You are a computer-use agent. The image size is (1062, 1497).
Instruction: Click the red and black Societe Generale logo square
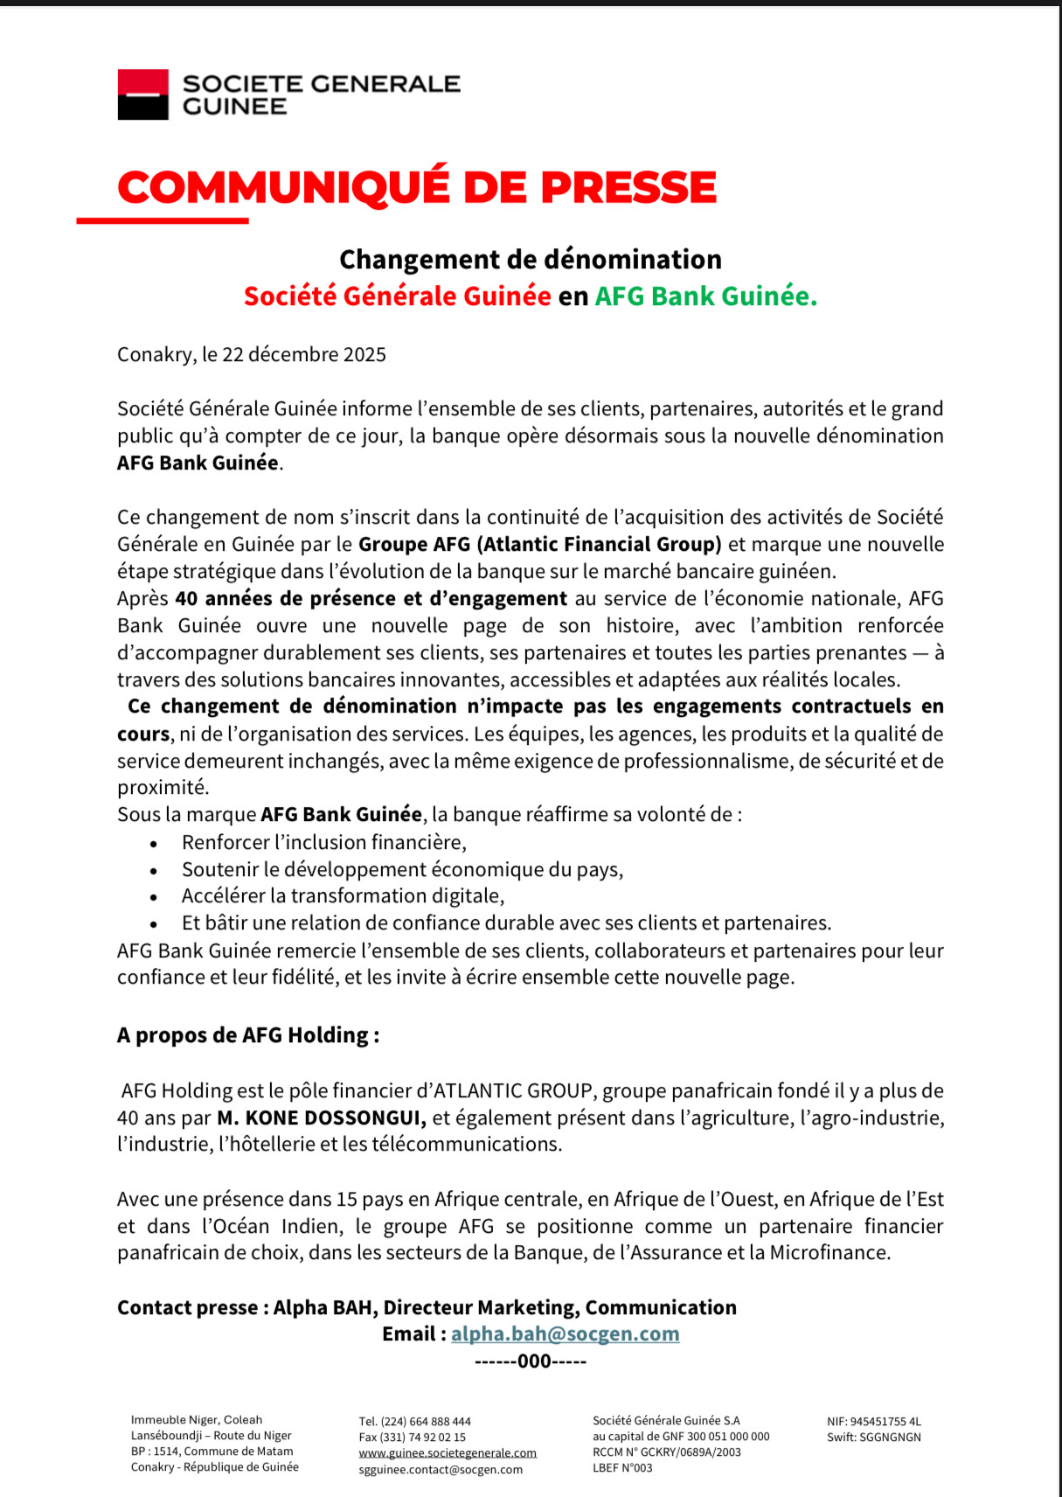click(142, 94)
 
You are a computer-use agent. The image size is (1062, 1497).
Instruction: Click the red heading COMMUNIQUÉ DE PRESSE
click(417, 187)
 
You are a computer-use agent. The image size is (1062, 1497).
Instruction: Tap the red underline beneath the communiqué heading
click(163, 220)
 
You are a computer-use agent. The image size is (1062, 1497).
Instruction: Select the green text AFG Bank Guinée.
click(705, 296)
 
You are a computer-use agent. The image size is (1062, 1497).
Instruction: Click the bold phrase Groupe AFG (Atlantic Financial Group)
click(539, 544)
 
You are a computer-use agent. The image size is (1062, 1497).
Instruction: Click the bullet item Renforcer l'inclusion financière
click(323, 842)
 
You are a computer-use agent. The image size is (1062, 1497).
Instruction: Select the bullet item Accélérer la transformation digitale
click(343, 895)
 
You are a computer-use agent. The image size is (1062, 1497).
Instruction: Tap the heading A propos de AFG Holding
click(248, 1035)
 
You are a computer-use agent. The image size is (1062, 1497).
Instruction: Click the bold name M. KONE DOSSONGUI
click(322, 1118)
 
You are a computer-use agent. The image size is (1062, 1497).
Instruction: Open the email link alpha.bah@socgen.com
click(565, 1333)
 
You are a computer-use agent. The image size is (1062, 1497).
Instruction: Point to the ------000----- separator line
click(530, 1361)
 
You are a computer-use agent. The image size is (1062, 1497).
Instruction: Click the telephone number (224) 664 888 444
click(426, 1422)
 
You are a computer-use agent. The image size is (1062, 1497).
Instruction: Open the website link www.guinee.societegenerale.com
click(448, 1452)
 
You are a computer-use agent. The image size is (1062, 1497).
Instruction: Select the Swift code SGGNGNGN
click(890, 1437)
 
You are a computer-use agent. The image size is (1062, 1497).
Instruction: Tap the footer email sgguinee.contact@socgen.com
click(441, 1469)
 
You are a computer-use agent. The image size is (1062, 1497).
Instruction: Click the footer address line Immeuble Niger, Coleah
click(197, 1420)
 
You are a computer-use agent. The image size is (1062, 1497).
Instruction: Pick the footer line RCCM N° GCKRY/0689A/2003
click(666, 1452)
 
